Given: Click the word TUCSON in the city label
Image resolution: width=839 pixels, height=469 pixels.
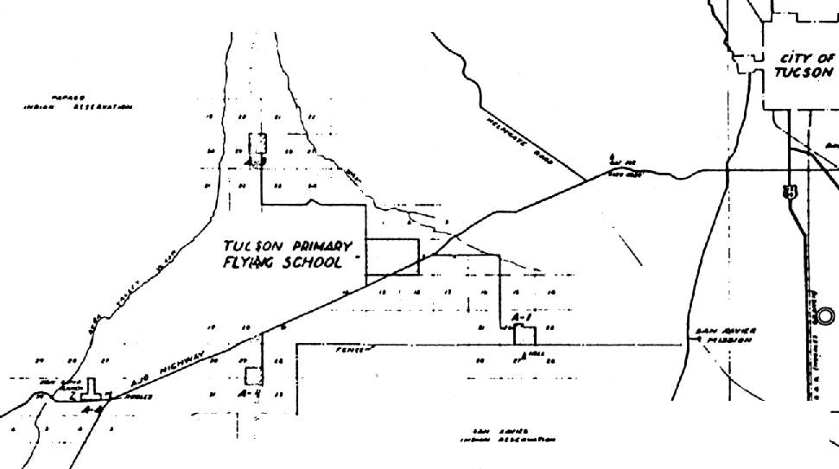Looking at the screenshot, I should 803,73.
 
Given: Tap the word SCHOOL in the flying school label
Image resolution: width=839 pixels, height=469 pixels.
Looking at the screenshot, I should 308,263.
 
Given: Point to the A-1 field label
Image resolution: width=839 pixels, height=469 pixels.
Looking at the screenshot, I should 521,320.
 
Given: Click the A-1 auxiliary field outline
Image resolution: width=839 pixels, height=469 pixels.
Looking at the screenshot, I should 525,335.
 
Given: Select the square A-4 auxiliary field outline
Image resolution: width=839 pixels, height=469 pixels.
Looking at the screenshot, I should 253,376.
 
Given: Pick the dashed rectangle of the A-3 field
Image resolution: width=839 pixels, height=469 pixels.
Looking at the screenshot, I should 257,143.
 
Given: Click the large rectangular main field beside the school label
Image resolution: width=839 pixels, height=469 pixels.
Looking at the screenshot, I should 392,257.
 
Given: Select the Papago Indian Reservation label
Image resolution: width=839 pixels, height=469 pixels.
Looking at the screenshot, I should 78,104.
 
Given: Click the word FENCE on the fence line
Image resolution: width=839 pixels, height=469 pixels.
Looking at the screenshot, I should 348,350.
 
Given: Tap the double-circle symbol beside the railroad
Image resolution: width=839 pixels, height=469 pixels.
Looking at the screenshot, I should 825,316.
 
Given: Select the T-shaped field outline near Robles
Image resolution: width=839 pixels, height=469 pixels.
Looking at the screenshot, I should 92,393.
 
